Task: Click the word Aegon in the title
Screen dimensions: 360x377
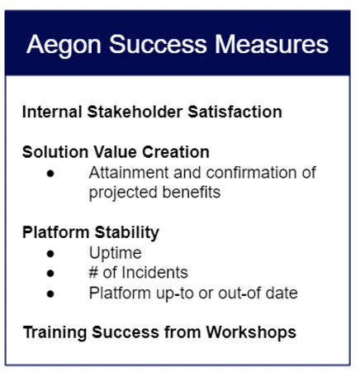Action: (x=64, y=45)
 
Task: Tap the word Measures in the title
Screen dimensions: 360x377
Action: (x=272, y=44)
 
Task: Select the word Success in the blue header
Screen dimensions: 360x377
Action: (x=158, y=44)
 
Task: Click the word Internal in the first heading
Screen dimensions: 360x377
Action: (x=52, y=112)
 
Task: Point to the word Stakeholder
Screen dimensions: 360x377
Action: (x=135, y=112)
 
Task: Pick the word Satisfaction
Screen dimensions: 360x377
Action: (x=234, y=112)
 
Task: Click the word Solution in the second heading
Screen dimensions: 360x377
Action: (x=55, y=152)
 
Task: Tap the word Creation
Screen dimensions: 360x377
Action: (x=176, y=152)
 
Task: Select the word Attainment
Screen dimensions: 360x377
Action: (x=129, y=173)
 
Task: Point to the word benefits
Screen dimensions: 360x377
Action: (x=192, y=192)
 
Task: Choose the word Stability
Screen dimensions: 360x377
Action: (x=127, y=233)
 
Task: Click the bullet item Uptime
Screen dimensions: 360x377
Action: (x=116, y=253)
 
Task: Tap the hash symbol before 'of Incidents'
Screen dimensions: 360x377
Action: (x=93, y=273)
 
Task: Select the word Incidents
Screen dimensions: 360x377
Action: (x=154, y=273)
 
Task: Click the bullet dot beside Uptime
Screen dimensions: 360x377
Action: (x=50, y=254)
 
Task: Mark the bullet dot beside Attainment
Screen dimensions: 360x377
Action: (x=50, y=174)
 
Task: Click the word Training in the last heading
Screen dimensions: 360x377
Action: (x=54, y=332)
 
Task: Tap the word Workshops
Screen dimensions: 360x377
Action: (x=251, y=332)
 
